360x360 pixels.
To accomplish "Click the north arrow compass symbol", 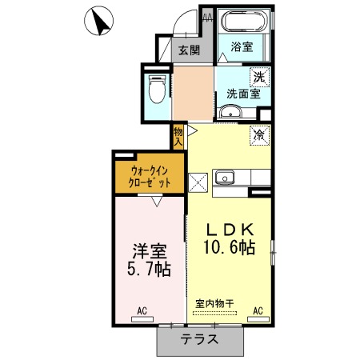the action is [98, 21].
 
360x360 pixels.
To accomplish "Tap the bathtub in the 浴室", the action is [244, 22].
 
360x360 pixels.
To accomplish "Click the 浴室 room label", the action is [242, 47].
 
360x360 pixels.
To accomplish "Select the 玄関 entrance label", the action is [189, 50].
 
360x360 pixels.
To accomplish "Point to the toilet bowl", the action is [157, 90].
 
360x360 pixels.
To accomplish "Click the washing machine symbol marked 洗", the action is [260, 77].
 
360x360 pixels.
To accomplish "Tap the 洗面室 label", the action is [243, 94].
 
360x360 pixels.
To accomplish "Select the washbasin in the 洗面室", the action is [230, 111].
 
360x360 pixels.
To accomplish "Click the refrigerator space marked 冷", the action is [260, 136].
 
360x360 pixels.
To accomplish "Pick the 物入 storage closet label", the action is [178, 137].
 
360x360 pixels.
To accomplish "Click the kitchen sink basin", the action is [225, 178].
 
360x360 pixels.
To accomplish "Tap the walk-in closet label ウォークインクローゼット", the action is [150, 177].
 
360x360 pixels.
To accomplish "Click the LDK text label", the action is [230, 230].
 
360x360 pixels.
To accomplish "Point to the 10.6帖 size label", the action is [230, 247].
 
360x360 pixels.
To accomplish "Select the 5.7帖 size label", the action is [149, 270].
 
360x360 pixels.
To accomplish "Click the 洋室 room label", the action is [150, 251].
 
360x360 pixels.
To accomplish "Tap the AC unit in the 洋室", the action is [142, 319].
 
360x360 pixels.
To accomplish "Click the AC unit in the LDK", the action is [258, 319].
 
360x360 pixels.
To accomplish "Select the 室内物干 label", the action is [214, 303].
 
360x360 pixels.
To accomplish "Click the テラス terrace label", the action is [199, 339].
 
